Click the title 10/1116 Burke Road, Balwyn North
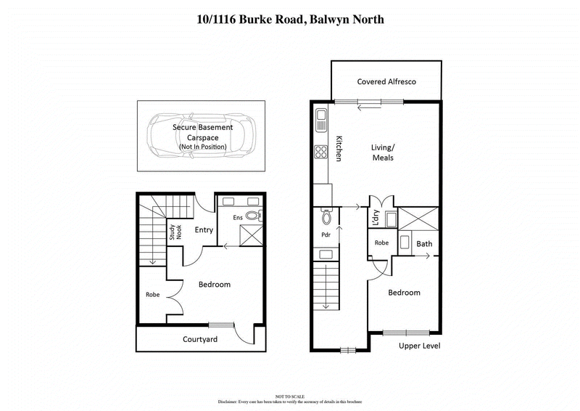pyautogui.click(x=290, y=20)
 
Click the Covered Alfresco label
pyautogui.click(x=386, y=82)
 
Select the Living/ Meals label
pyautogui.click(x=383, y=152)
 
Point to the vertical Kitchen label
pyautogui.click(x=337, y=149)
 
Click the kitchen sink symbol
pyautogui.click(x=320, y=119)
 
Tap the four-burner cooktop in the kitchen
pyautogui.click(x=320, y=152)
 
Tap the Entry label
pyautogui.click(x=204, y=230)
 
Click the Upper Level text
pyautogui.click(x=419, y=346)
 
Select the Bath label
pyautogui.click(x=424, y=244)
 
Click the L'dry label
pyautogui.click(x=376, y=219)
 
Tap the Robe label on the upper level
pyautogui.click(x=382, y=243)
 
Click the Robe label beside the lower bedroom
pyautogui.click(x=152, y=295)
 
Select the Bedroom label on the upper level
pyautogui.click(x=404, y=293)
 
